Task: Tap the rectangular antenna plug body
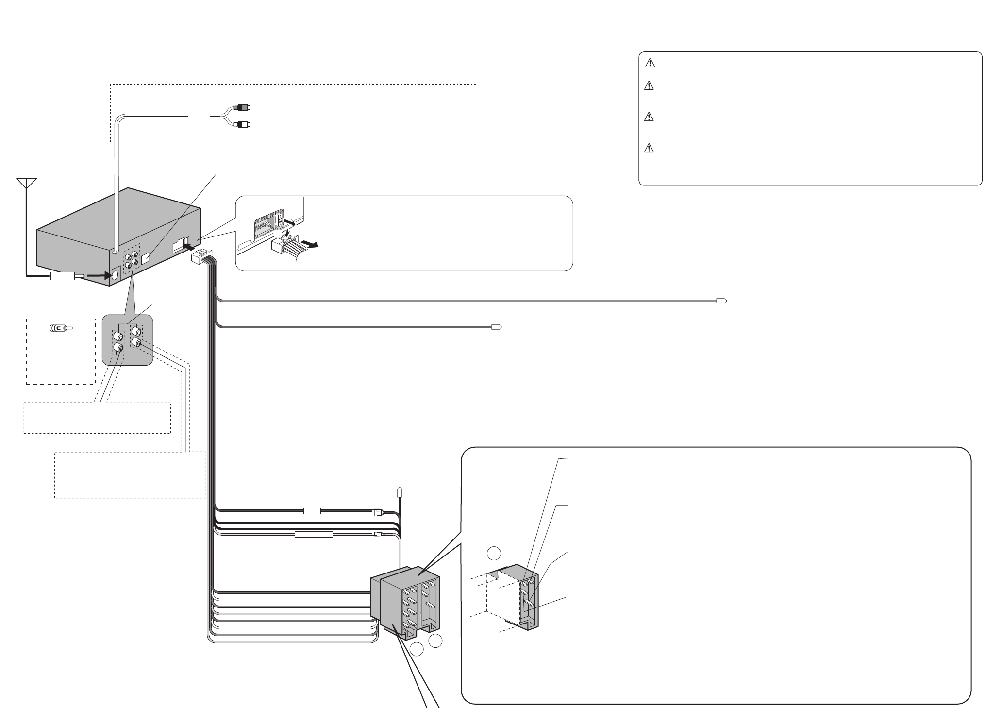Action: [61, 277]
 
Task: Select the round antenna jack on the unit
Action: [115, 275]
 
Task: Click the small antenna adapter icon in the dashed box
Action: [60, 328]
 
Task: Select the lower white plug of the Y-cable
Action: [241, 125]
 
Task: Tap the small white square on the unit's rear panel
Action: [146, 257]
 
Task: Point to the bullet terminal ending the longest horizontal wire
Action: [721, 301]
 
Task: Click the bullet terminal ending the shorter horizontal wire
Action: [496, 327]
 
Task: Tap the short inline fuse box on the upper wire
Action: [311, 511]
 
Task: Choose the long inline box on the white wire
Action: [314, 535]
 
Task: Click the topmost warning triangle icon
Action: [650, 63]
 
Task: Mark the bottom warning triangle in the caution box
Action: [650, 148]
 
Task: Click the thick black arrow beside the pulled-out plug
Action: [309, 245]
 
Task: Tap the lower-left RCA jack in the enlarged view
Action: [118, 347]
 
